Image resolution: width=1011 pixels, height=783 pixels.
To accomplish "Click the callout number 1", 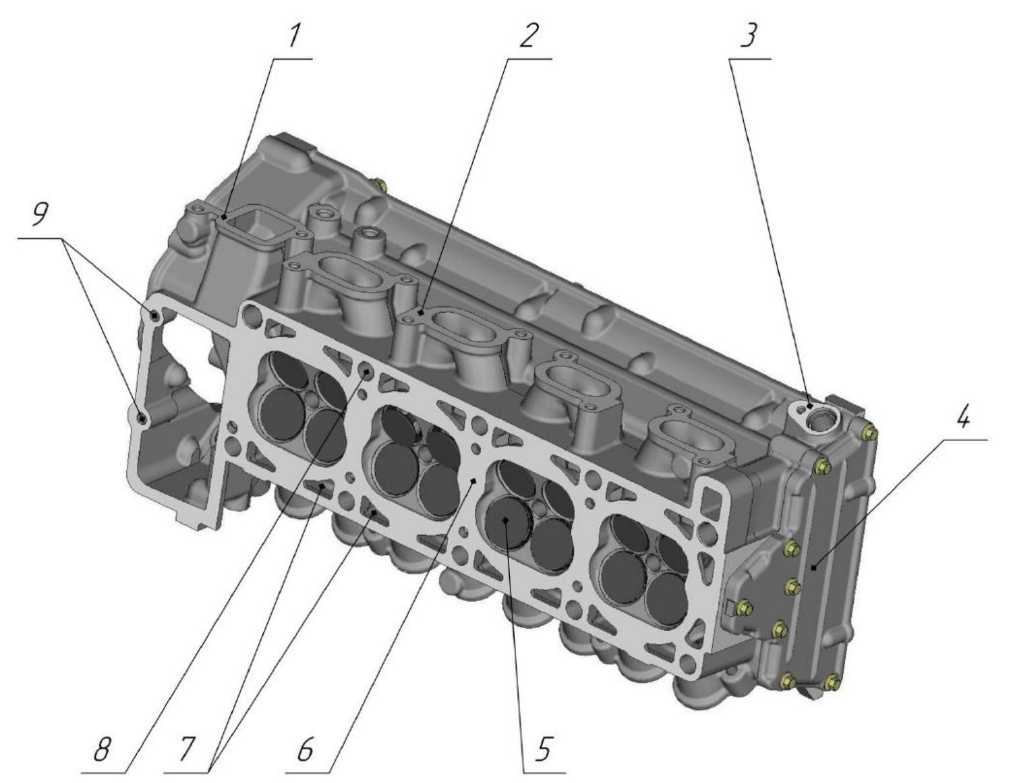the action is [x=295, y=36].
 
